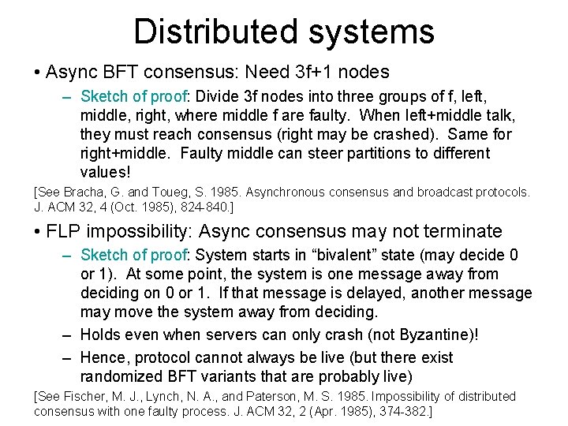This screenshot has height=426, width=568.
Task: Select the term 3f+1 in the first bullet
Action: [313, 73]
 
